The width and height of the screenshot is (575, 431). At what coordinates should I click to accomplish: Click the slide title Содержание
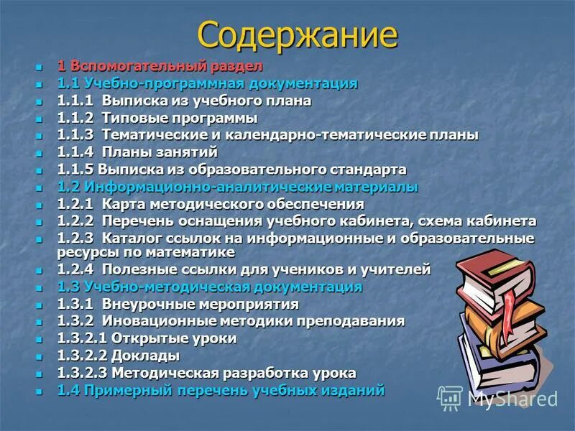(x=297, y=34)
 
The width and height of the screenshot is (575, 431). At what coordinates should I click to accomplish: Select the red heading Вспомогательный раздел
(x=166, y=66)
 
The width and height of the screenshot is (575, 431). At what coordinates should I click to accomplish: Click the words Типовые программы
(x=180, y=118)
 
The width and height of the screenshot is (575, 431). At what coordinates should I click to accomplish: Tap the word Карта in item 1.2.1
(x=124, y=204)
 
